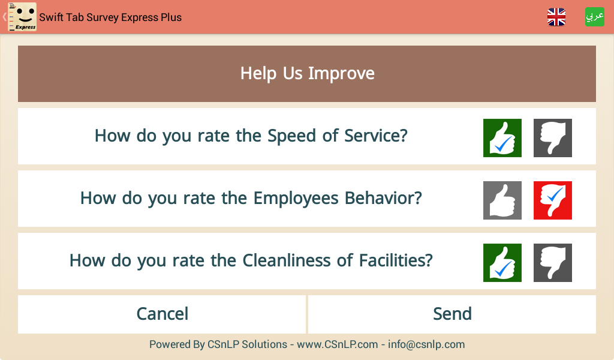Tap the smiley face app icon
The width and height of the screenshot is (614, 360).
click(x=22, y=17)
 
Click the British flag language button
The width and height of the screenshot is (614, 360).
click(x=556, y=17)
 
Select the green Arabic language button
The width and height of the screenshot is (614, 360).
click(x=594, y=17)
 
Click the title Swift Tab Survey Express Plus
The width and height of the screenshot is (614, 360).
click(x=110, y=17)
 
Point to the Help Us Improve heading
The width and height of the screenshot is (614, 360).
click(x=308, y=73)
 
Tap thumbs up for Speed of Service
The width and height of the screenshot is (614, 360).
click(x=502, y=138)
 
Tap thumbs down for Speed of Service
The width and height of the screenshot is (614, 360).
click(x=552, y=138)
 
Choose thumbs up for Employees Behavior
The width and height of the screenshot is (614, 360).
click(x=502, y=200)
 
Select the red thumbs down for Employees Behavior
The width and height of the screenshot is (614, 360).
click(x=552, y=200)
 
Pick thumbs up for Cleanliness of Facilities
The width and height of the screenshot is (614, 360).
click(x=502, y=262)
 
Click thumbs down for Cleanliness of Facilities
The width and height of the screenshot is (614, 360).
click(x=552, y=262)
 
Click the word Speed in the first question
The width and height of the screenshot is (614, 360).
click(x=292, y=137)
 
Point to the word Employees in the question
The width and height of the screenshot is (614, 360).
click(x=296, y=199)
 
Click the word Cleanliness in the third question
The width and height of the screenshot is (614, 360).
click(x=287, y=260)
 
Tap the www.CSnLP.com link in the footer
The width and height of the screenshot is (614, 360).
click(x=337, y=344)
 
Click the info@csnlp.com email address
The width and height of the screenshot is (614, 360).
click(x=426, y=344)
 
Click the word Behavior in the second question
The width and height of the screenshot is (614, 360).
click(x=383, y=198)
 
